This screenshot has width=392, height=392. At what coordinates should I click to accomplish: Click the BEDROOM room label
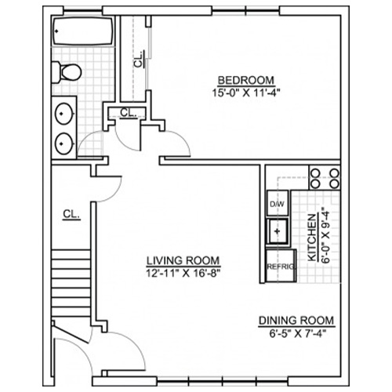click(x=246, y=81)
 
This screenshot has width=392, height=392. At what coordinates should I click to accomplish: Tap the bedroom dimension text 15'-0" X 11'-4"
click(x=246, y=93)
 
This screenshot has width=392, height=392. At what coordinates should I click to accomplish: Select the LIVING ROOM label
click(x=183, y=261)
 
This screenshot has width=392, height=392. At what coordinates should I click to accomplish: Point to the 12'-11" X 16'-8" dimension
click(x=183, y=274)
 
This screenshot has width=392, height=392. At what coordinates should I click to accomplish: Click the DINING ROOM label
click(x=296, y=321)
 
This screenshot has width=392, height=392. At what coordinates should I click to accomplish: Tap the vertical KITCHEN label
click(x=312, y=238)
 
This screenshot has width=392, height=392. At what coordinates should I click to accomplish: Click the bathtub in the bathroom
click(x=83, y=31)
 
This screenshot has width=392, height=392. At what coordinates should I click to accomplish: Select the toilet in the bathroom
click(x=67, y=72)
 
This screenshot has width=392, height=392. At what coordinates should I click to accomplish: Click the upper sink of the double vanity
click(x=64, y=114)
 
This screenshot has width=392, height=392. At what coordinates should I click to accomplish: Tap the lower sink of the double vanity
click(x=64, y=143)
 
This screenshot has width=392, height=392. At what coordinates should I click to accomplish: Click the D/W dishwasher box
click(x=278, y=203)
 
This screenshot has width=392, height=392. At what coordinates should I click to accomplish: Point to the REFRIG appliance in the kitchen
click(x=281, y=266)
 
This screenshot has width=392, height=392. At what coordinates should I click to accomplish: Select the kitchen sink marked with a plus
click(x=278, y=231)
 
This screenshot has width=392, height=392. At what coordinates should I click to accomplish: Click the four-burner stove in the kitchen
click(x=325, y=178)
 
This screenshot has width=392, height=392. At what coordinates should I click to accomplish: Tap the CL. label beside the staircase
click(x=71, y=214)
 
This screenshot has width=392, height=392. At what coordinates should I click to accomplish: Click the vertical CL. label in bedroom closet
click(x=139, y=60)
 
